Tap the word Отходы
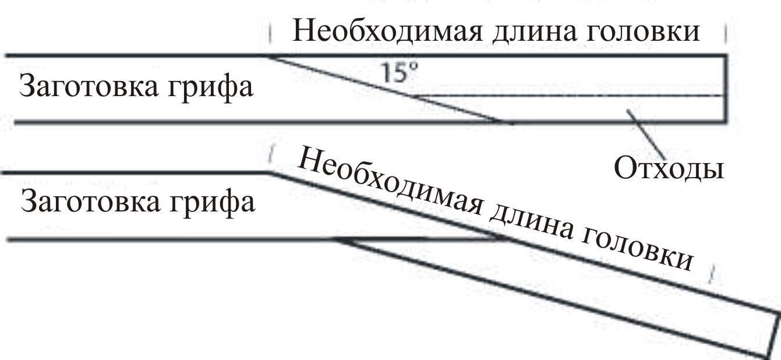tap(669, 169)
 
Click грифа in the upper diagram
tap(212, 89)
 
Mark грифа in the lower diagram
tap(213, 204)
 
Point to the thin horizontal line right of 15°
tap(571, 95)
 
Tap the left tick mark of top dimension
tap(270, 33)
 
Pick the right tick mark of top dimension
tap(726, 33)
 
